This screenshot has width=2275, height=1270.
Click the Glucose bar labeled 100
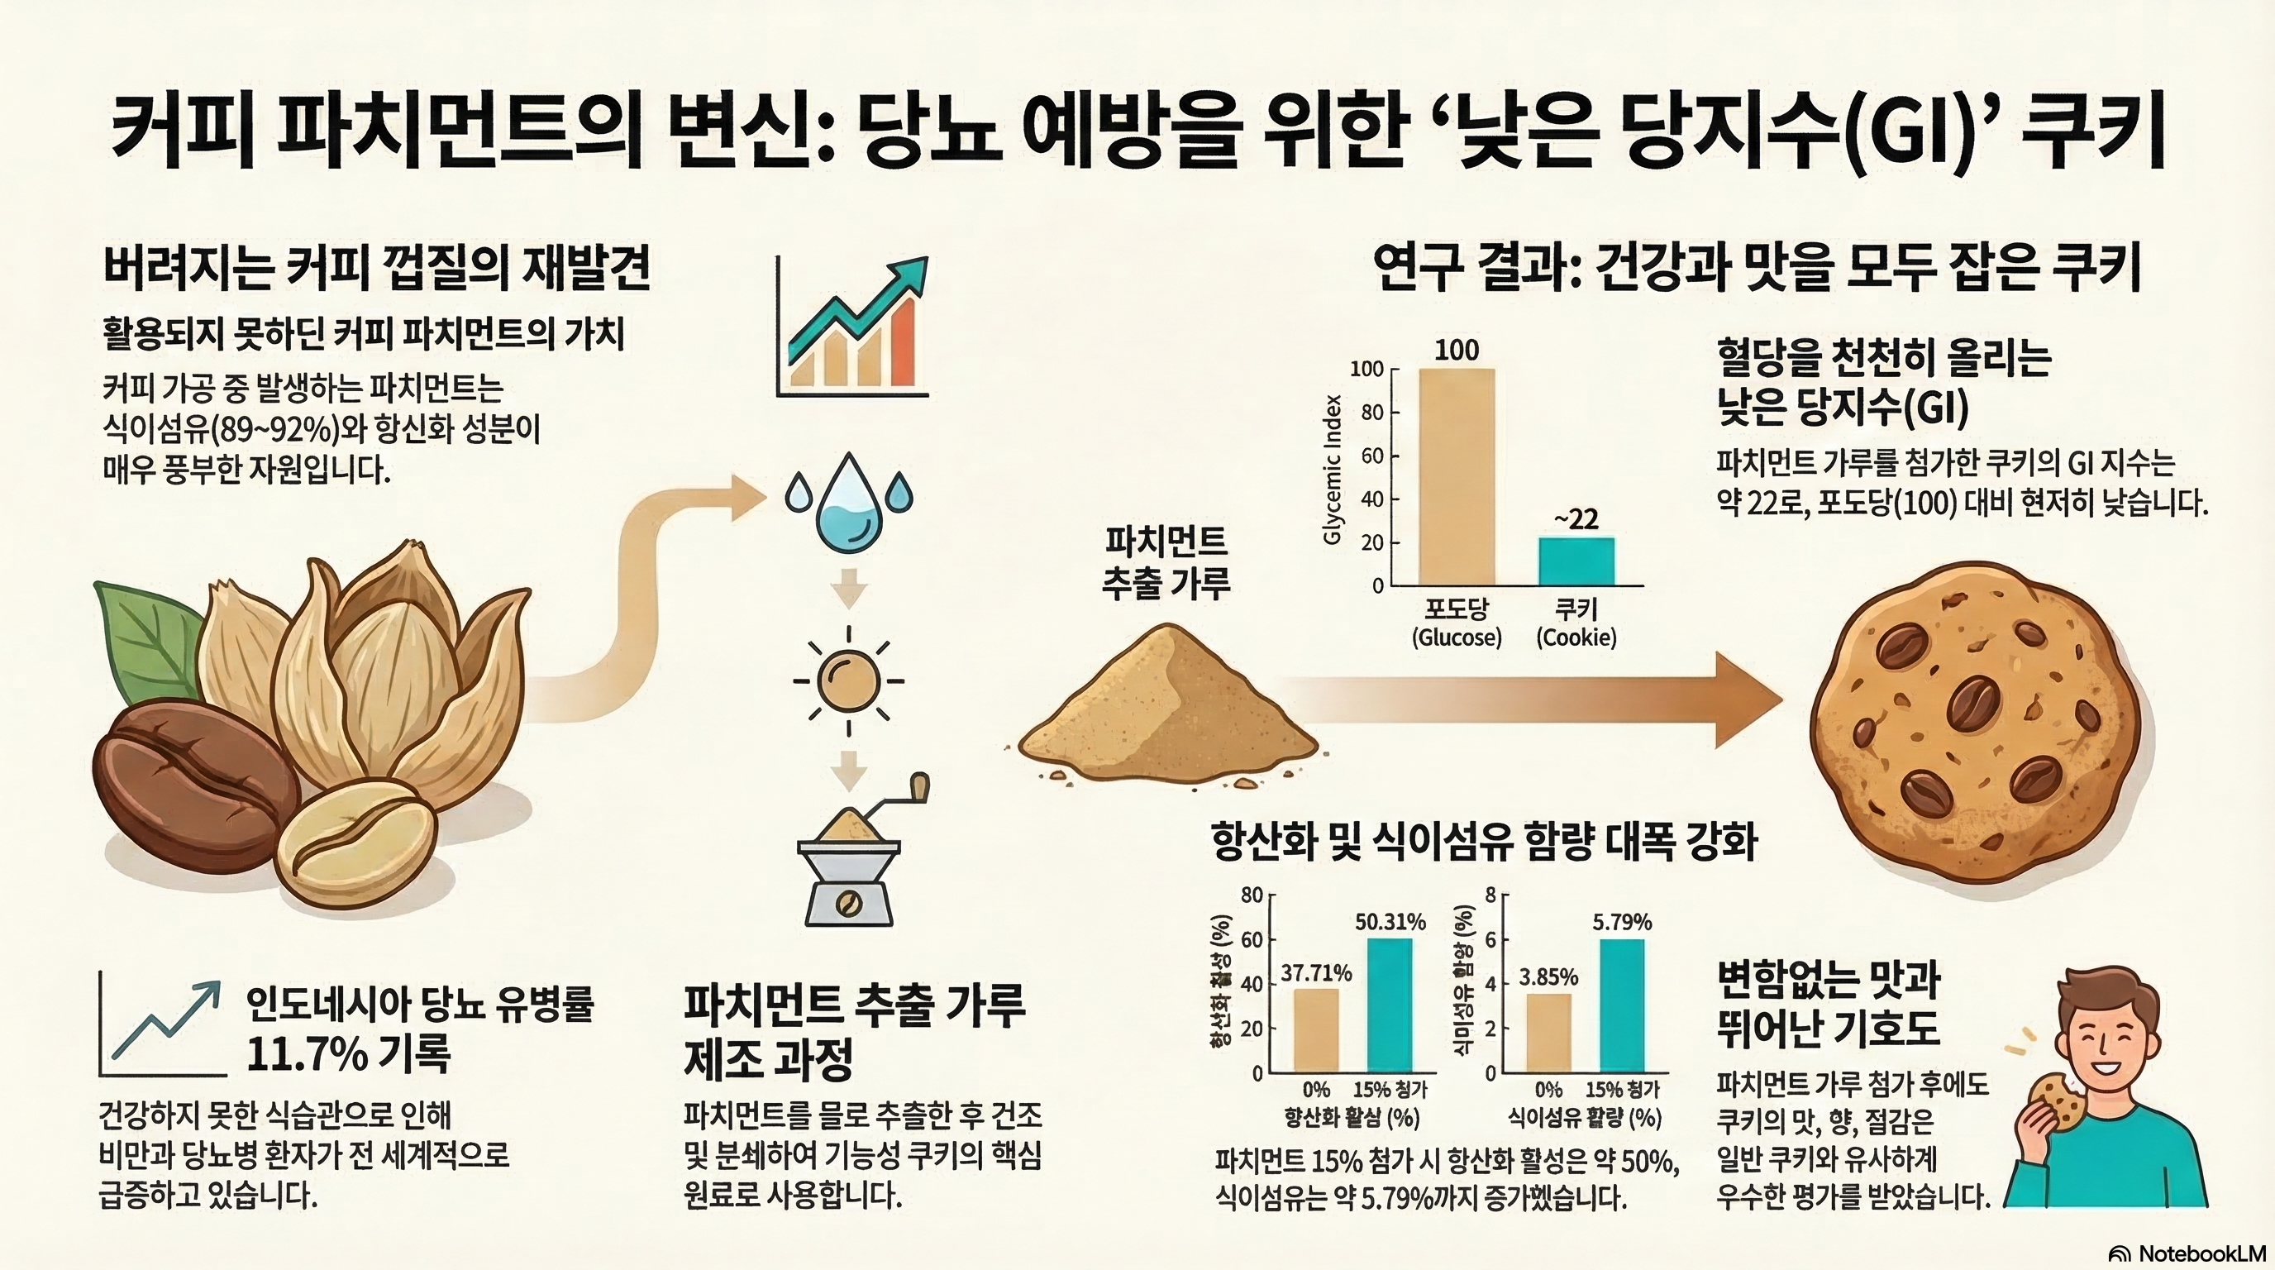coord(1457,477)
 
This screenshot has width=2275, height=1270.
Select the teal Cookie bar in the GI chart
coord(1576,561)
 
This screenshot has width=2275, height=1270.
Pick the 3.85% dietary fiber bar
coord(1548,1033)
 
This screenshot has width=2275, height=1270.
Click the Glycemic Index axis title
coord(1333,469)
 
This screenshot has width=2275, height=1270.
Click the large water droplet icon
coord(848,504)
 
